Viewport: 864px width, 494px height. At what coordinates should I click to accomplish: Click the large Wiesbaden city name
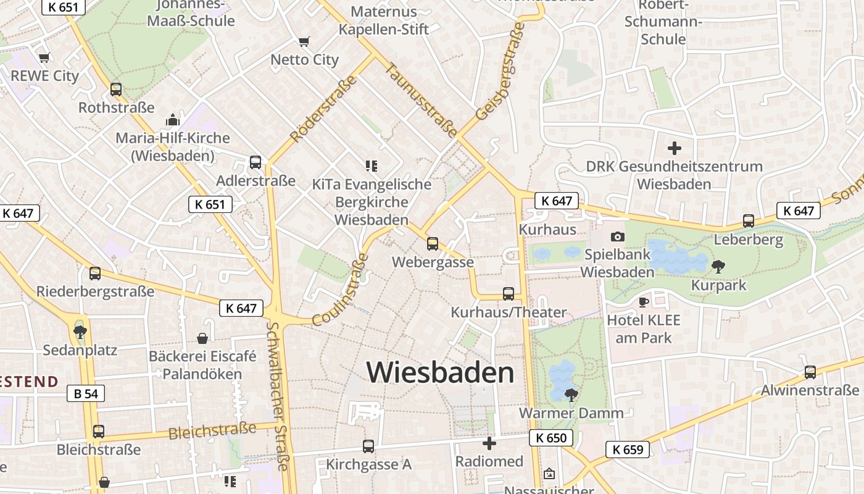point(440,372)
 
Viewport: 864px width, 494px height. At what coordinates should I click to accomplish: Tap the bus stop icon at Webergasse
point(433,244)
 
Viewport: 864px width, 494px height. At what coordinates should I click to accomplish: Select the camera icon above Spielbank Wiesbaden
point(617,237)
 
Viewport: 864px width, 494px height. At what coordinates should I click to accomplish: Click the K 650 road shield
point(550,438)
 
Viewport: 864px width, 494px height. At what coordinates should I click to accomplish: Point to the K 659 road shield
point(628,450)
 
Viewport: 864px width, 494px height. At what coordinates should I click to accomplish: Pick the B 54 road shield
point(86,393)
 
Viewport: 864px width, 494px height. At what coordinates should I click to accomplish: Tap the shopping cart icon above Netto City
point(304,42)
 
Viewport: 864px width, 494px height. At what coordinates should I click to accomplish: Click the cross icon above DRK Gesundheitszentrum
point(675,148)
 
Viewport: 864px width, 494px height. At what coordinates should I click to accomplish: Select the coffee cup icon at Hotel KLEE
point(643,302)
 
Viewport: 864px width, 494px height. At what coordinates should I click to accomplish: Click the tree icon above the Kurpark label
point(718,267)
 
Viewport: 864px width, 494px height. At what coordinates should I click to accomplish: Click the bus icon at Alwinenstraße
point(810,372)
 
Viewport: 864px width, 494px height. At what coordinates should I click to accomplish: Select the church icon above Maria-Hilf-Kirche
point(173,120)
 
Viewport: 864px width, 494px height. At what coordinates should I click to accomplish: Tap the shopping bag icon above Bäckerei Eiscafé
point(202,338)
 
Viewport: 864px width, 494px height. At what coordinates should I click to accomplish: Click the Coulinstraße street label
point(340,293)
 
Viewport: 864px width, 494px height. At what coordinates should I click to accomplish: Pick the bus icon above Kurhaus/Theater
point(509,294)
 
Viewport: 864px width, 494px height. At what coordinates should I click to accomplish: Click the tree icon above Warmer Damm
point(571,395)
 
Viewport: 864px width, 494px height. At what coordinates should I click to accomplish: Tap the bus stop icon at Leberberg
point(749,221)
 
